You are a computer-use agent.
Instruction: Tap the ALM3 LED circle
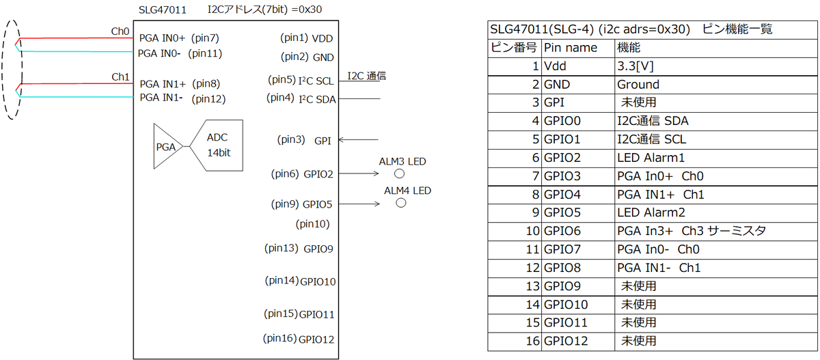(399, 174)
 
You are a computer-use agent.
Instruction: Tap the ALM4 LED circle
(401, 203)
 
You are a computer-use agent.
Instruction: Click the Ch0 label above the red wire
(120, 31)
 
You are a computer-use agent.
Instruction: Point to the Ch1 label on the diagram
(120, 77)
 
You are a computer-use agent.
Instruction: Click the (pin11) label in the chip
(205, 54)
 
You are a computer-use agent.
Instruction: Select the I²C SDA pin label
(317, 100)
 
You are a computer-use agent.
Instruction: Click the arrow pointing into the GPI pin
(358, 139)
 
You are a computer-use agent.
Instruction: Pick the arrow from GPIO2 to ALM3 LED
(359, 174)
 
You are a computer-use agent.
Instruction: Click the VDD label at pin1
(322, 38)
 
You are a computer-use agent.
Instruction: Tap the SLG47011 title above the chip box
(163, 10)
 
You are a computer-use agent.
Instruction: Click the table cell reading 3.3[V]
(635, 66)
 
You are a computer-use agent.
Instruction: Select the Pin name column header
(571, 48)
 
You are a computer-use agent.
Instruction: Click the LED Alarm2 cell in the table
(651, 212)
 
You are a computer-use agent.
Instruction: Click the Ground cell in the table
(638, 85)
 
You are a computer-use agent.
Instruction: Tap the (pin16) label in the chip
(279, 338)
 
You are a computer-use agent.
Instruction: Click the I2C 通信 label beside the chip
(366, 76)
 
